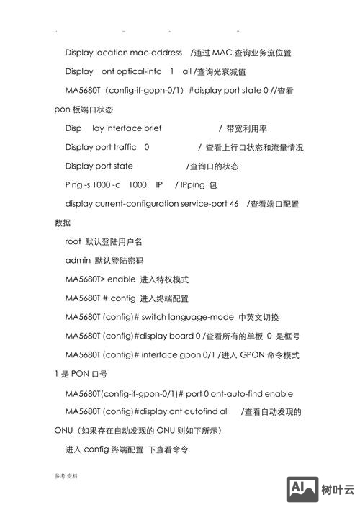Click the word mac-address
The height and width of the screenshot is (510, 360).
click(156, 53)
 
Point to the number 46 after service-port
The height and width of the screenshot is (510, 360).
click(234, 204)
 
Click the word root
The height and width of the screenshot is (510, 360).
click(73, 241)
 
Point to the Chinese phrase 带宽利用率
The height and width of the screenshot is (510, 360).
click(248, 128)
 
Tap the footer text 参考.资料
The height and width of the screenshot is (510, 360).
click(65, 476)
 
